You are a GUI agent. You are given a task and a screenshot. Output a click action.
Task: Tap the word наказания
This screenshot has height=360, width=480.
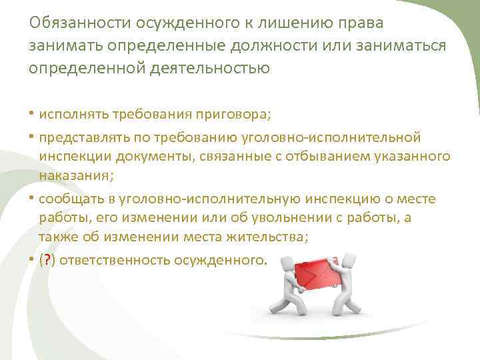click(75, 176)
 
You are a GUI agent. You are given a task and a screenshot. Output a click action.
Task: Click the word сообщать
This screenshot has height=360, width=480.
click(69, 199)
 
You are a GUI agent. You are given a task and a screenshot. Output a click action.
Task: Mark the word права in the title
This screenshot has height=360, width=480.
click(366, 23)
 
